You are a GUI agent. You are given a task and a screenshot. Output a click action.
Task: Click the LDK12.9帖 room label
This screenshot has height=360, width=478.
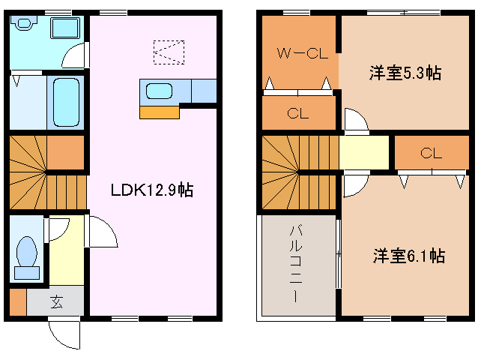[x=152, y=190]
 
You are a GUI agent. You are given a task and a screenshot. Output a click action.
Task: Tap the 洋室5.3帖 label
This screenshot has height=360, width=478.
[x=404, y=73]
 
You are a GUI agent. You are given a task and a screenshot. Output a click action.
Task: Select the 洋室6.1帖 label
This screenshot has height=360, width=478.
[x=408, y=256]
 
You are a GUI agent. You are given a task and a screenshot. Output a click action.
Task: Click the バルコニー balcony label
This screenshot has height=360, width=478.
[x=297, y=262]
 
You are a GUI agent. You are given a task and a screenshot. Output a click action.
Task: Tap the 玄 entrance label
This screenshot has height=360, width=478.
[x=57, y=302]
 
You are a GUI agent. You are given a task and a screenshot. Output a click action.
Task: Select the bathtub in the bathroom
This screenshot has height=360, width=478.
[x=67, y=101]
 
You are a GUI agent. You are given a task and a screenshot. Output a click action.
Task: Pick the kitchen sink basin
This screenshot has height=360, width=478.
[x=160, y=91]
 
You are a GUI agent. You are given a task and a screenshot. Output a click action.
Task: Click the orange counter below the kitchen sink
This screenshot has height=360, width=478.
[x=160, y=112]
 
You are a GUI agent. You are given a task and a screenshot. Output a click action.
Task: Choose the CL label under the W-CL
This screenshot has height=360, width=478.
[x=297, y=114]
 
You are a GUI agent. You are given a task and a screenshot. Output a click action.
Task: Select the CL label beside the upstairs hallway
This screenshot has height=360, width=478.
[x=430, y=153]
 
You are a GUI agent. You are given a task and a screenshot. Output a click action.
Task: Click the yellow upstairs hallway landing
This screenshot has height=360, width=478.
[x=364, y=152]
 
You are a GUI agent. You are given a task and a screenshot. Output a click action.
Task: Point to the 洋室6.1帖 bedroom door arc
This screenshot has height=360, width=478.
[x=353, y=184]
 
